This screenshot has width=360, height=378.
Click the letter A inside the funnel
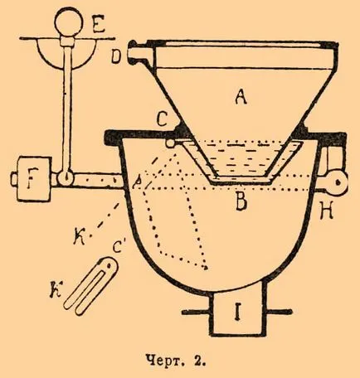coord(241,98)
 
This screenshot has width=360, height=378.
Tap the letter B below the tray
coord(241,201)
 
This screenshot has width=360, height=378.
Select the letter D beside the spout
coord(117,58)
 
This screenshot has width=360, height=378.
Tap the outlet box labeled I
coord(238,314)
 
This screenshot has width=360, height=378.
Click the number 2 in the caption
coord(202,361)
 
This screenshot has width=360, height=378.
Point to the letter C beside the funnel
coord(163,119)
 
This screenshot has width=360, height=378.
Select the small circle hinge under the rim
coord(170,143)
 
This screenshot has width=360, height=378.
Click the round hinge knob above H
coord(337,182)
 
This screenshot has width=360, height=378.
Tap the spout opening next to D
coord(135,52)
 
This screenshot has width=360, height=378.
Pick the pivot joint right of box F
coord(66,178)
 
